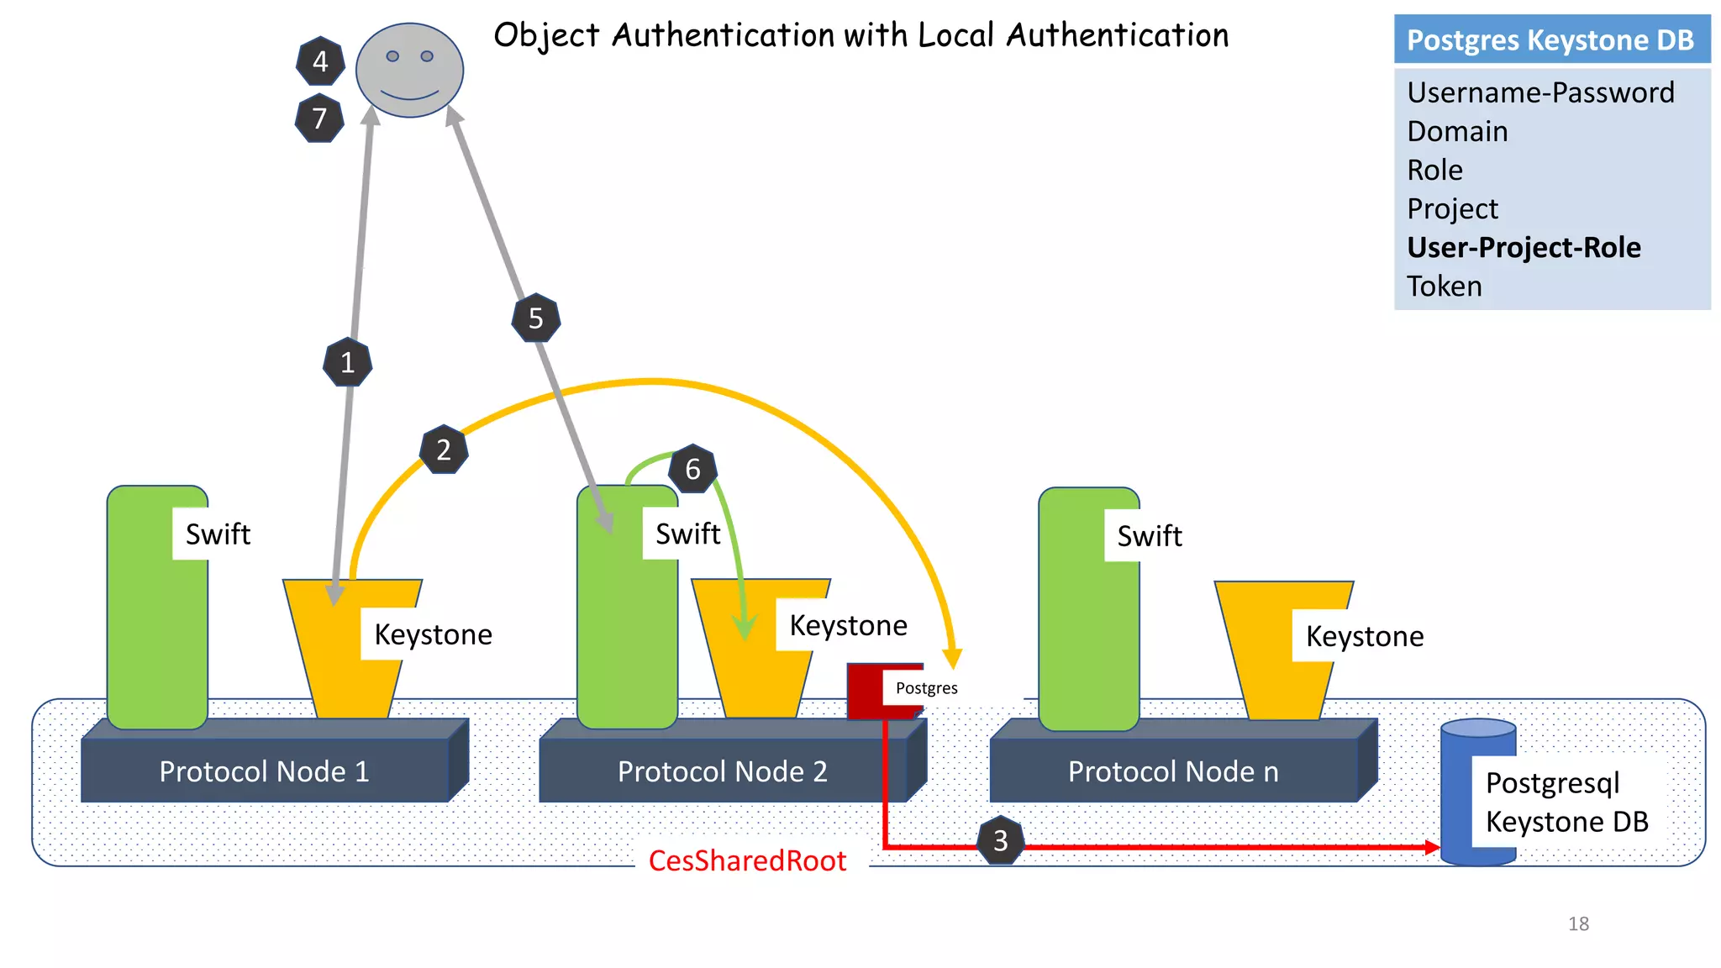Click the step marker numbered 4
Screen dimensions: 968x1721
coord(320,61)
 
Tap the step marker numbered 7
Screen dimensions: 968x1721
coord(319,118)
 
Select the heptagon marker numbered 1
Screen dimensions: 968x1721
coord(347,362)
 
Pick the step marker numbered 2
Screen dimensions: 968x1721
coord(444,450)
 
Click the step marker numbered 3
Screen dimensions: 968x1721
coord(1000,840)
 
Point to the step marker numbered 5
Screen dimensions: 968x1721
coord(535,318)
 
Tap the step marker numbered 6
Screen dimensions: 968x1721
coord(692,469)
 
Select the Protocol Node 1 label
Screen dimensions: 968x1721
coord(264,771)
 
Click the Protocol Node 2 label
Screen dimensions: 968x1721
coord(722,771)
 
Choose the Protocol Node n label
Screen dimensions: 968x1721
coord(1173,771)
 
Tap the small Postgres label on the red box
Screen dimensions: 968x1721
coord(926,688)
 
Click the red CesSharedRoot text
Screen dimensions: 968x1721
coord(747,860)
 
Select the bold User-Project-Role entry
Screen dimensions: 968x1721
coord(1524,248)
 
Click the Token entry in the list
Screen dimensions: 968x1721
coord(1445,287)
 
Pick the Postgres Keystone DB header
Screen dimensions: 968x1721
coord(1550,39)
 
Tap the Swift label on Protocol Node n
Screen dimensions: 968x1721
coord(1149,536)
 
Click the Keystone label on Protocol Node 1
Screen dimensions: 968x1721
coord(433,634)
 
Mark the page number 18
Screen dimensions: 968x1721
coord(1578,923)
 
